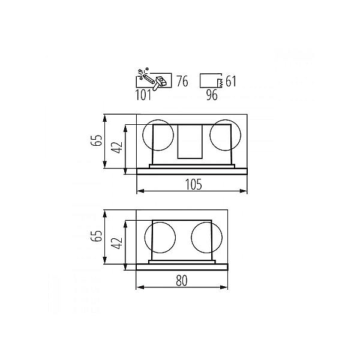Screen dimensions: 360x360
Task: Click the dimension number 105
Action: tap(194, 184)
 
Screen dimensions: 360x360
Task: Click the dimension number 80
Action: tap(182, 280)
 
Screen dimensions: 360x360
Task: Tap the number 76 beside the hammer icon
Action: tap(182, 81)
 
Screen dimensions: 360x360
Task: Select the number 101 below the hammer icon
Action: tap(143, 95)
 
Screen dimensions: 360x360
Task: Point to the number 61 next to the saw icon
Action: tap(231, 81)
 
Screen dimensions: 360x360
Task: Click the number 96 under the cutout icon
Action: tap(212, 95)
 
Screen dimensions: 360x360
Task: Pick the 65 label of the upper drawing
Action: tap(96, 140)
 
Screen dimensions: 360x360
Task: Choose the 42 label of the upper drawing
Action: tap(116, 148)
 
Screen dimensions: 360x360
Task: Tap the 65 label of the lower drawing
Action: tap(96, 236)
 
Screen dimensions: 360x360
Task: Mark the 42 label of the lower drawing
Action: tap(116, 243)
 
